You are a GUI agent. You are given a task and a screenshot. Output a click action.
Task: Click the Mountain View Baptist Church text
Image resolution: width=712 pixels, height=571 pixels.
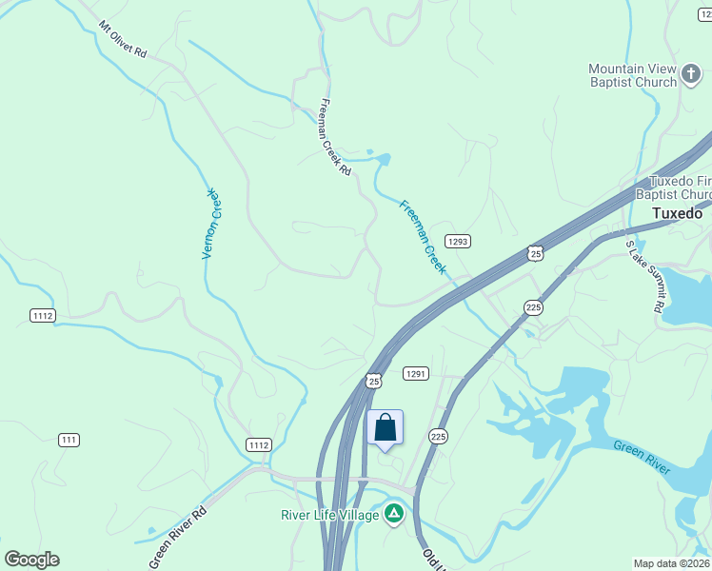pos(632,75)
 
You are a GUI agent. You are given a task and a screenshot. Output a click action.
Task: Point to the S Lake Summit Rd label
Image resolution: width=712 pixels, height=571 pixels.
pos(643,277)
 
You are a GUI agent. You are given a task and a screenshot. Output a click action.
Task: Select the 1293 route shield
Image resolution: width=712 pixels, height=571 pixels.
pos(458,242)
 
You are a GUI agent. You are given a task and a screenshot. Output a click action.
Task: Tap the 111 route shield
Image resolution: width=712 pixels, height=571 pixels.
pos(68,439)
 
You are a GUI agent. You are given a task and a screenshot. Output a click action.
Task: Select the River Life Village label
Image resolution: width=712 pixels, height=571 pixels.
pos(330,515)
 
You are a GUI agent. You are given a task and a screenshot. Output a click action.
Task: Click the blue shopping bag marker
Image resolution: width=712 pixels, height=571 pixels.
pos(385,426)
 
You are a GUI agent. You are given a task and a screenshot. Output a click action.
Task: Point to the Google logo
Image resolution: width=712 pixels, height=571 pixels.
pos(31,560)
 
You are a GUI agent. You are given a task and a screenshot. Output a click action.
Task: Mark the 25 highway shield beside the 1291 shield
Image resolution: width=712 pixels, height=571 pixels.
pos(373,380)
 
